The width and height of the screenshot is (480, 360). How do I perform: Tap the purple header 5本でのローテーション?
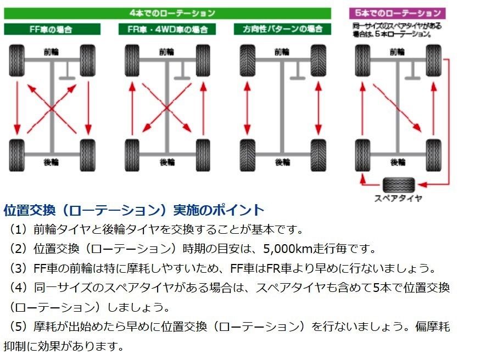click(398, 13)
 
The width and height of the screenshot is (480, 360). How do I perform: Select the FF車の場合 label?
click(53, 29)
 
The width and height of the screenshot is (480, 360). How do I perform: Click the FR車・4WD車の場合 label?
click(167, 29)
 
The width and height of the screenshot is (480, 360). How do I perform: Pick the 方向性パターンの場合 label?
click(282, 29)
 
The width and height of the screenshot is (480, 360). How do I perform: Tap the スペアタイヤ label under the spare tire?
click(398, 199)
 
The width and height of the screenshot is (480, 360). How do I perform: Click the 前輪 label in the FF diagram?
click(53, 52)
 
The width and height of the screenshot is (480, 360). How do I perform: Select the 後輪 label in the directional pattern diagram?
click(282, 162)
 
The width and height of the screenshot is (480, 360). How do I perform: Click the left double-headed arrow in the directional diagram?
click(247, 108)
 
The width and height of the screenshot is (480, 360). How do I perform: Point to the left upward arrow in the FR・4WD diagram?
click(132, 108)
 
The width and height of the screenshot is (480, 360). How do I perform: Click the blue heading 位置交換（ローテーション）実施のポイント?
click(134, 210)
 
